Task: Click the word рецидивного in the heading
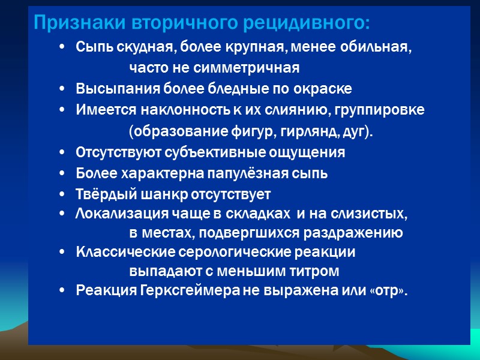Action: tap(309, 24)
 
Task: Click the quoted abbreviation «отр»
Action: tap(389, 291)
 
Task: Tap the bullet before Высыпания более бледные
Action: tap(64, 89)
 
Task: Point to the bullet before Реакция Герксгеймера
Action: tap(64, 291)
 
